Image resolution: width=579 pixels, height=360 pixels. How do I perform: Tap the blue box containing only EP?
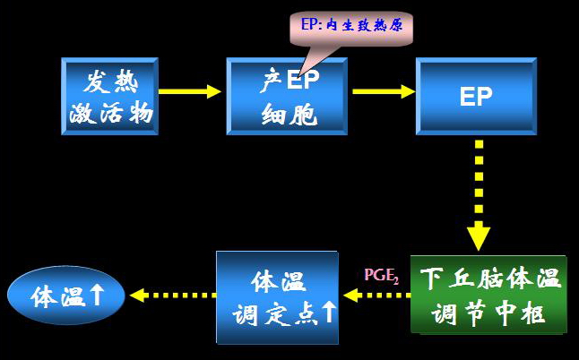click(x=475, y=97)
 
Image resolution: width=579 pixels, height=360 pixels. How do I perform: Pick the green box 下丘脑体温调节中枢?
click(x=489, y=295)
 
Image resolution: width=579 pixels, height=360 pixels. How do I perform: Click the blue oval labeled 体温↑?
click(x=65, y=296)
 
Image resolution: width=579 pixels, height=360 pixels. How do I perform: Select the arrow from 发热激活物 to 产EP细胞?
click(x=191, y=90)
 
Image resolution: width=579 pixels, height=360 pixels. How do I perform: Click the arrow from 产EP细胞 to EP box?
click(x=384, y=90)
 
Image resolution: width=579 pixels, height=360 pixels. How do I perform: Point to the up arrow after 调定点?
click(x=329, y=313)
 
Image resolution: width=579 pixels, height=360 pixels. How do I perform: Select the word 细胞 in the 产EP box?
click(x=289, y=114)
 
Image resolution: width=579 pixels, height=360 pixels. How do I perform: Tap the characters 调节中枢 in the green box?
click(x=489, y=313)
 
